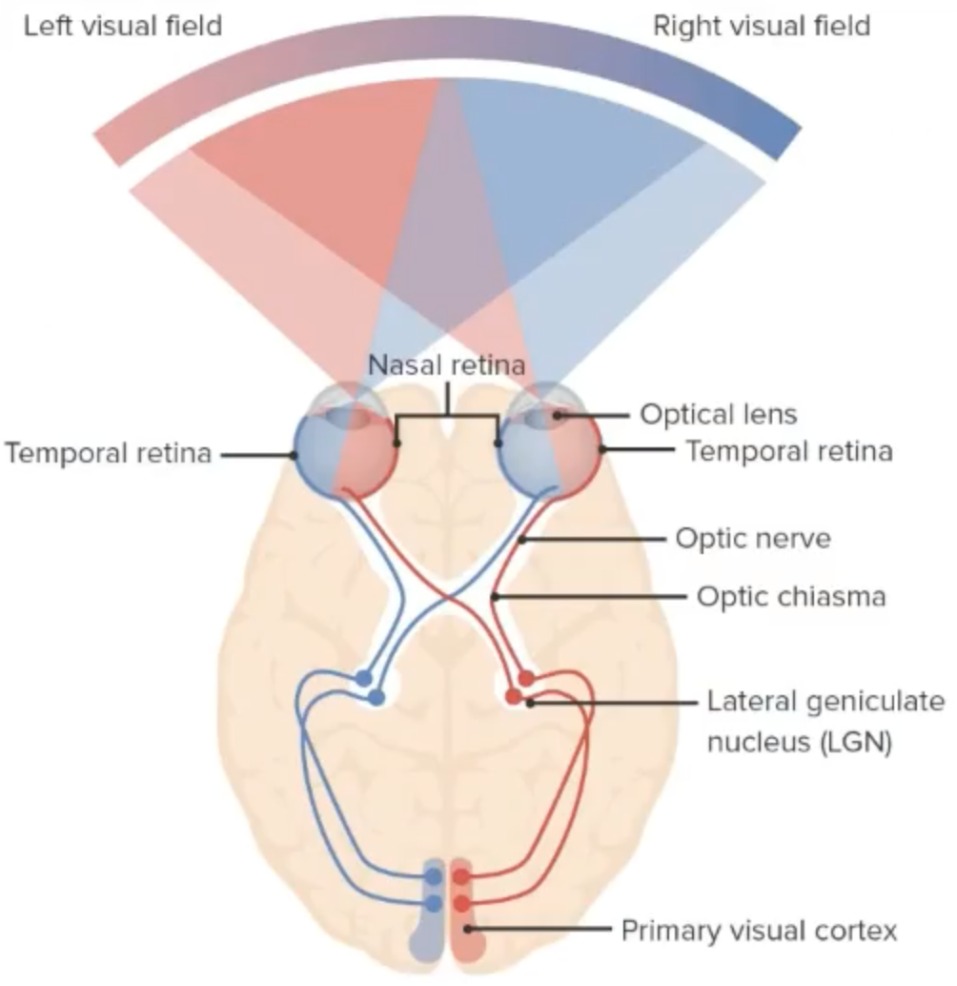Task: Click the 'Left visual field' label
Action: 122,25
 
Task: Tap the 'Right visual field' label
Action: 761,25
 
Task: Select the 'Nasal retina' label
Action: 447,365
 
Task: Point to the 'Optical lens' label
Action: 718,415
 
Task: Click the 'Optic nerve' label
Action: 753,539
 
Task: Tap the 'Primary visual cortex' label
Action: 759,930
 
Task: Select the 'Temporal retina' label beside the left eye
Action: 108,453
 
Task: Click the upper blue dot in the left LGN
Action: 363,678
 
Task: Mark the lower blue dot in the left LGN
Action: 377,697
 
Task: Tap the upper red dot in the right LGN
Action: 526,678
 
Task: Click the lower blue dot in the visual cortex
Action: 434,902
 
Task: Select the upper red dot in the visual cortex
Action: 461,876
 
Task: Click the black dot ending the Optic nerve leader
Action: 523,540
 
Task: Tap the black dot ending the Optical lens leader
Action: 560,416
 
